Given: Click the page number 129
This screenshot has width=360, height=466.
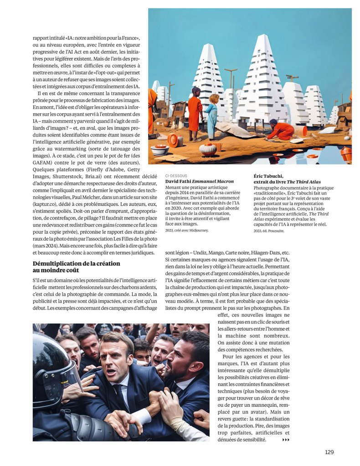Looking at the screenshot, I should (329, 452).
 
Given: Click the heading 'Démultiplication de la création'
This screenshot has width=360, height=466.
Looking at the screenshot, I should (76, 263).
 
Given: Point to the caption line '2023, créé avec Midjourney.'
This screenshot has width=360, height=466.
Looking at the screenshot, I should (186, 230).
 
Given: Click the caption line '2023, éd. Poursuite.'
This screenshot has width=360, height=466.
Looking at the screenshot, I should (268, 231).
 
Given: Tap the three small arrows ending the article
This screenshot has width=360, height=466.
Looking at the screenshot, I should (286, 440).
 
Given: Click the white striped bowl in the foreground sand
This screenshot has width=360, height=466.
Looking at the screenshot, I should (208, 150).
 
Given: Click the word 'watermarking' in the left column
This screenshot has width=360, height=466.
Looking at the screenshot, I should (58, 148).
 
